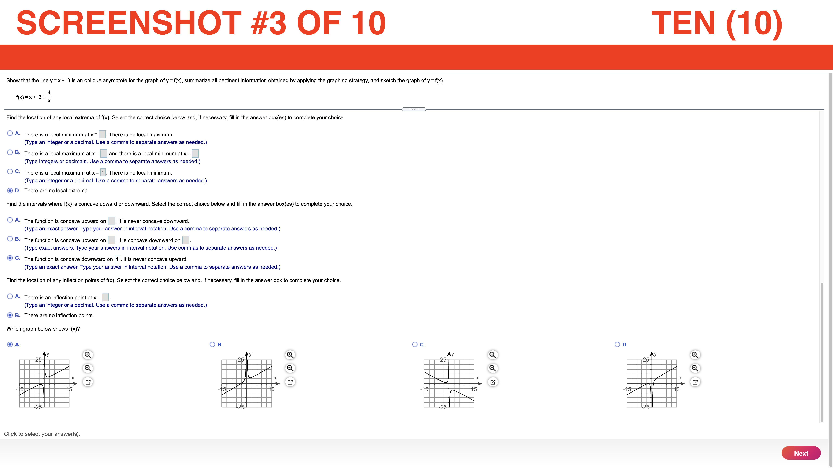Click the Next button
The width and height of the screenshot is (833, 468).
801,453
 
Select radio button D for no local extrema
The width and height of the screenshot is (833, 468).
10,191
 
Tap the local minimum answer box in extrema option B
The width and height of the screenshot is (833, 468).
195,153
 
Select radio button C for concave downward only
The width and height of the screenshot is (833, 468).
10,258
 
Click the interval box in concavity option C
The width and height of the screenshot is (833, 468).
117,259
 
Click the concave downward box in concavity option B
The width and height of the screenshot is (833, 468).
186,240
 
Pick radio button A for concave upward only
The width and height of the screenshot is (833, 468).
10,220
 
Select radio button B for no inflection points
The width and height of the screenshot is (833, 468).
10,315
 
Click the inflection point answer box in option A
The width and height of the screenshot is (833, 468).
105,297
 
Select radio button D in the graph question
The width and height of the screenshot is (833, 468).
617,344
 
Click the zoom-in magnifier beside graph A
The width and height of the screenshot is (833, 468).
88,355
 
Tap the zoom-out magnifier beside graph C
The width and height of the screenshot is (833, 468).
492,368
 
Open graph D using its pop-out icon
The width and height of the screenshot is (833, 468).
695,382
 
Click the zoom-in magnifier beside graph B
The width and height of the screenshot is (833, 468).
290,355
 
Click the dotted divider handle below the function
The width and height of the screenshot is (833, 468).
414,109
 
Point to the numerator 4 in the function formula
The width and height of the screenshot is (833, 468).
49,92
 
